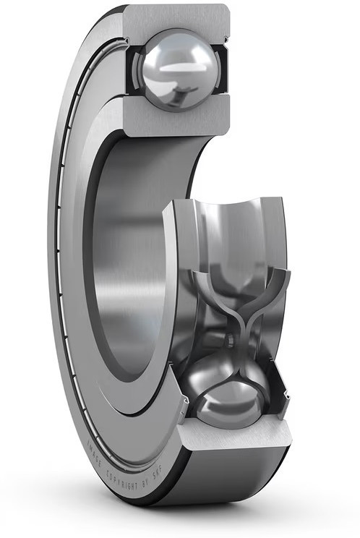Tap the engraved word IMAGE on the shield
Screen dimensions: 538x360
pos(93,453)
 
